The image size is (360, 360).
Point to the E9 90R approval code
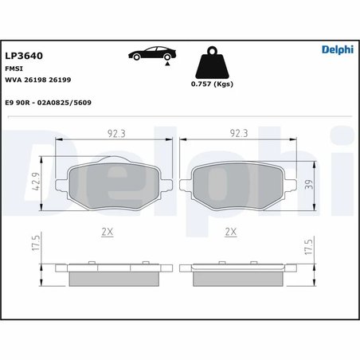pyautogui.click(x=60, y=102)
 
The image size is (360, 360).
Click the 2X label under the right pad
pyautogui.click(x=232, y=232)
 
